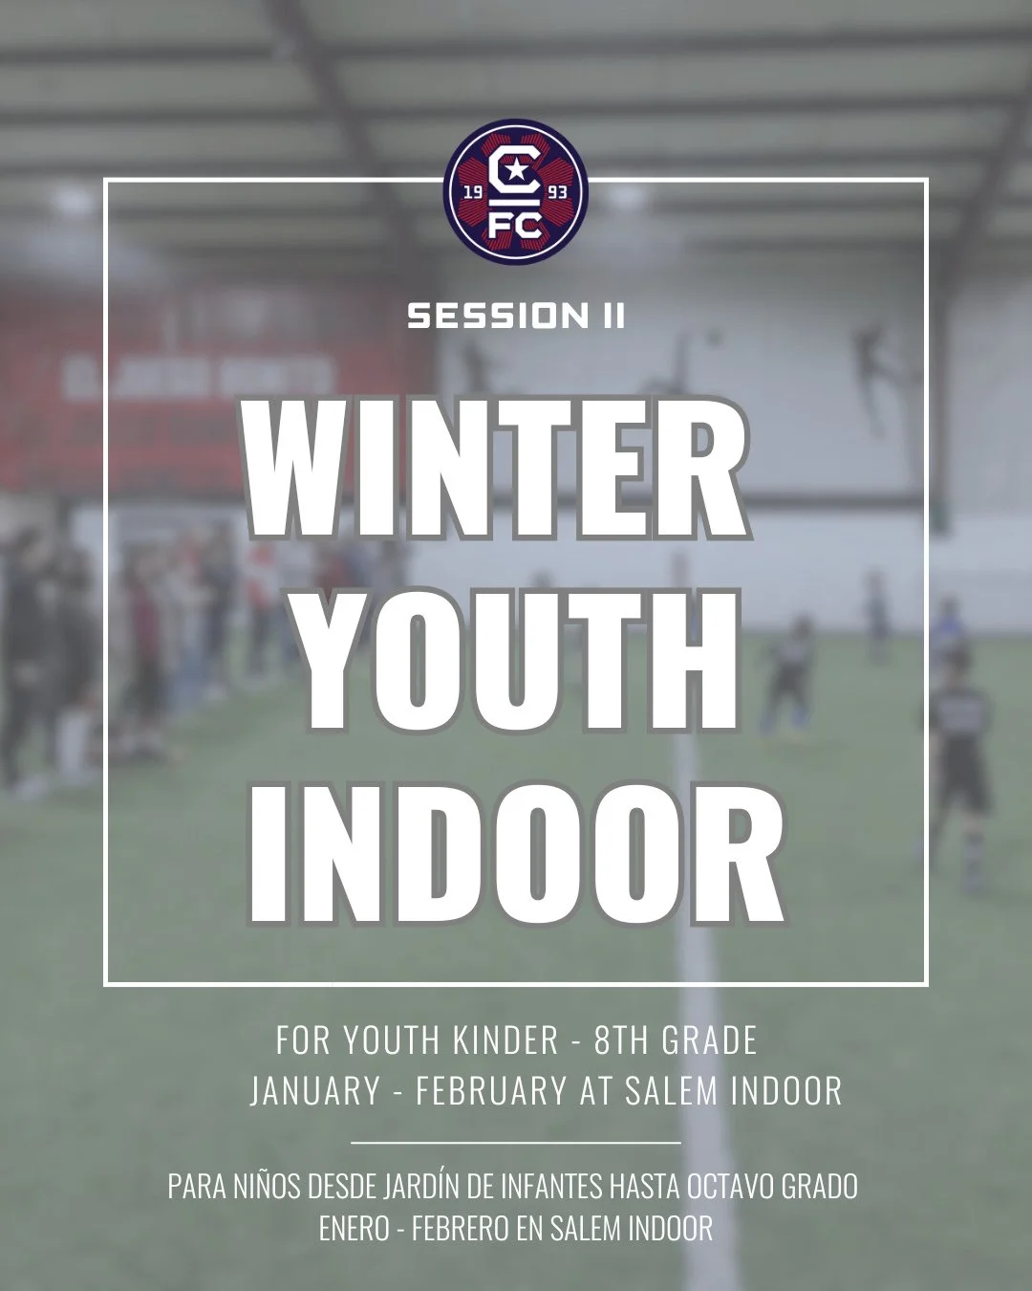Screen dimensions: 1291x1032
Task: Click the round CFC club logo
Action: click(x=516, y=194)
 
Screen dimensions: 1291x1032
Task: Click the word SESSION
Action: click(x=488, y=317)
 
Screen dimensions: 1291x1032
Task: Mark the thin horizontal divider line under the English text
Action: click(x=516, y=1142)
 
